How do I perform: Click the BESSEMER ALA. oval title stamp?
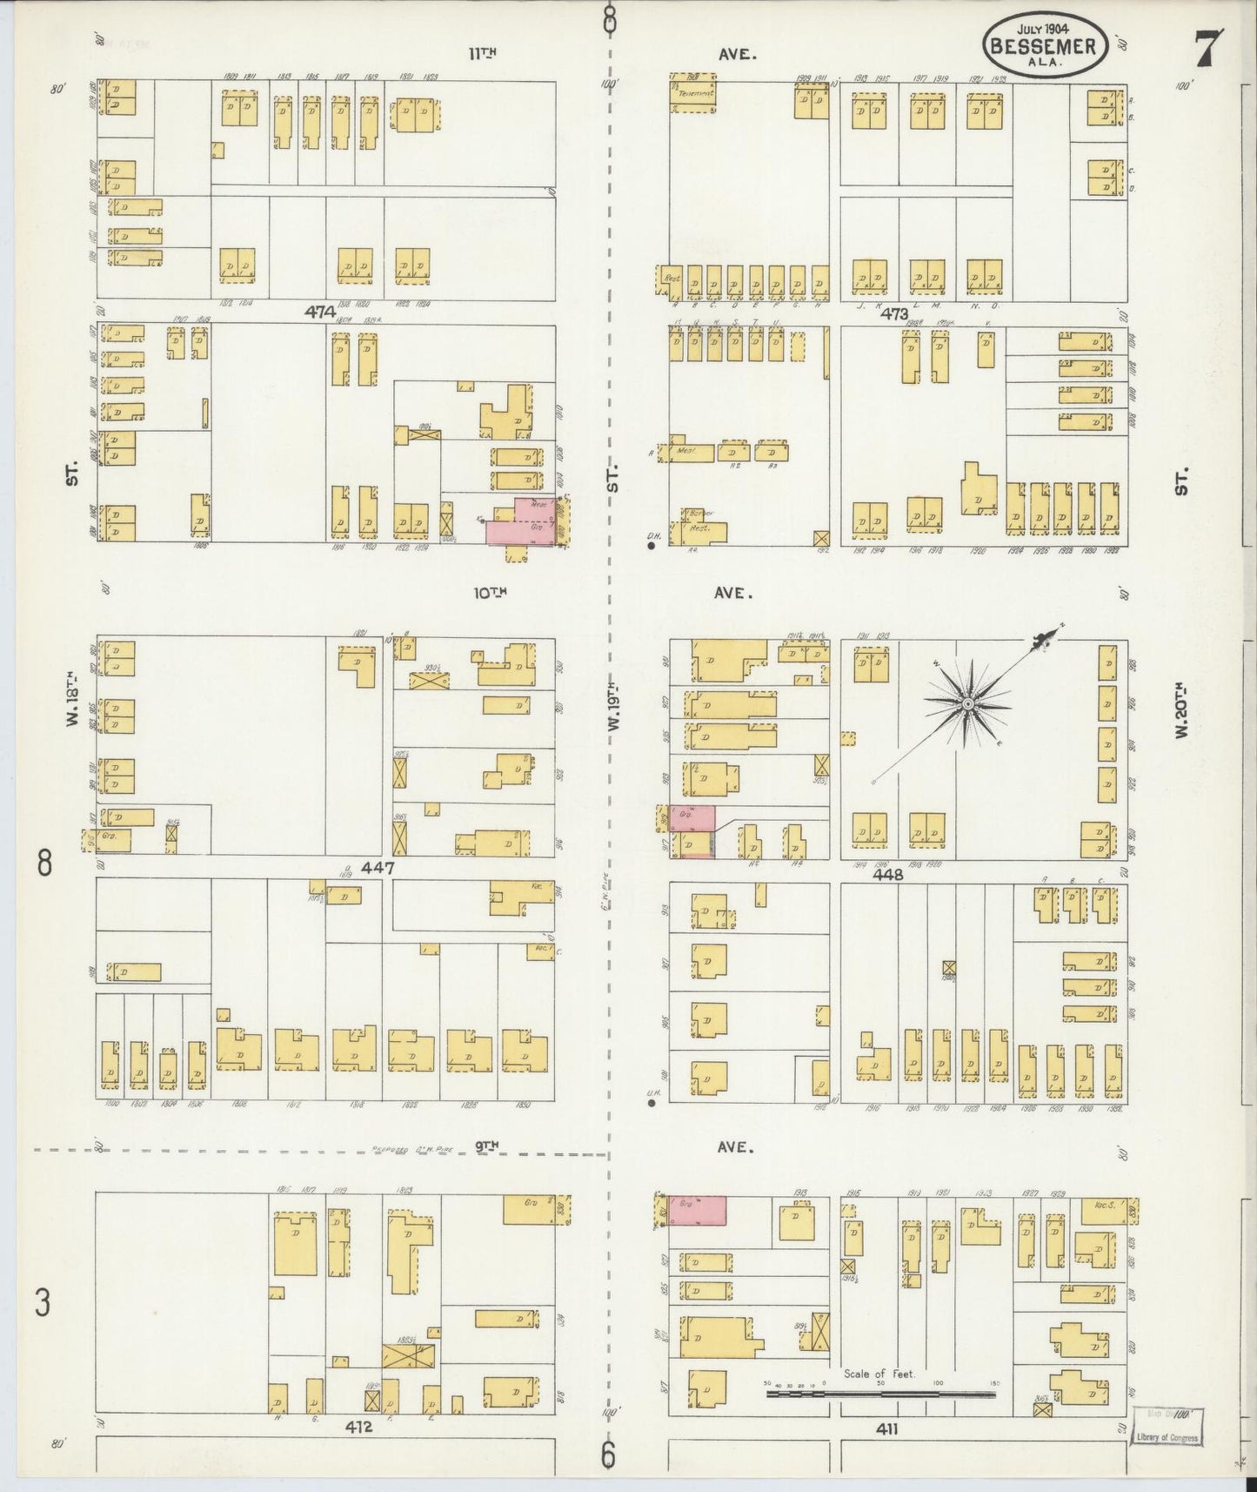(x=1045, y=44)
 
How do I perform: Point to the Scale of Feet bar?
(x=880, y=1394)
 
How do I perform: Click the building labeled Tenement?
(x=693, y=92)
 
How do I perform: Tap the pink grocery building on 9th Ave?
(x=697, y=1209)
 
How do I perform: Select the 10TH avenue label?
(x=490, y=593)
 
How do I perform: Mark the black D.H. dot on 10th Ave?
(x=651, y=547)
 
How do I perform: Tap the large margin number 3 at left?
(x=43, y=1304)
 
